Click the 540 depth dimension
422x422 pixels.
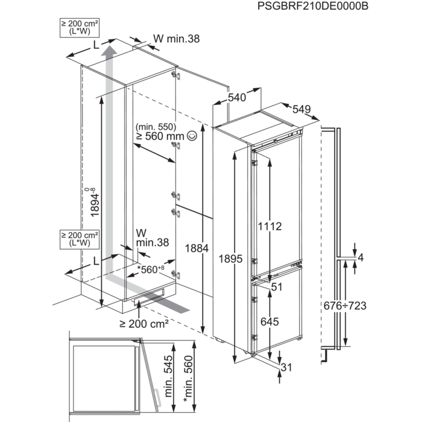[x=237, y=98]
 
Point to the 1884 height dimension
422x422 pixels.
[x=197, y=248]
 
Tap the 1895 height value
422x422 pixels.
[x=230, y=259]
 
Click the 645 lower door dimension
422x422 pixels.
[x=269, y=323]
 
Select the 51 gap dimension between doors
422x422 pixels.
[x=277, y=287]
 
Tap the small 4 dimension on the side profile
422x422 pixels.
[x=361, y=257]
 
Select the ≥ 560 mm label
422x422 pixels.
[x=160, y=137]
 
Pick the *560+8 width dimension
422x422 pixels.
[x=151, y=268]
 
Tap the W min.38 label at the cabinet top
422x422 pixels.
[x=176, y=39]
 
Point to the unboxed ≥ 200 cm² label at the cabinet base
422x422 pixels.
[x=143, y=324]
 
